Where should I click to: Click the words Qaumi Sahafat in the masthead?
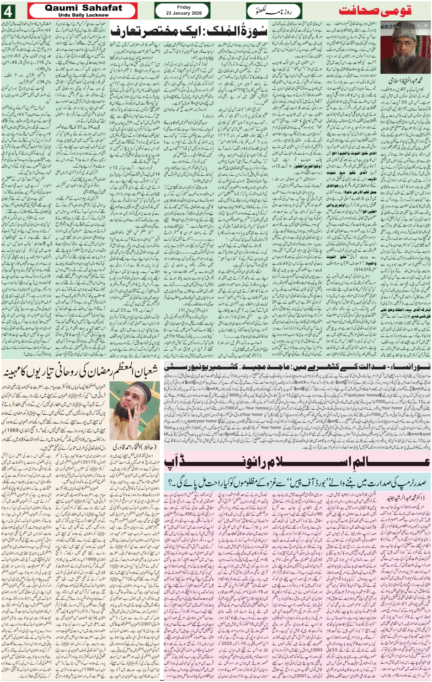(x=84, y=8)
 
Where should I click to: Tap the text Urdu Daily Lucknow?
(x=84, y=15)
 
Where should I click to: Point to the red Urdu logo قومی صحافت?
(x=375, y=11)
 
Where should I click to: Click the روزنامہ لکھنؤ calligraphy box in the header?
(x=274, y=11)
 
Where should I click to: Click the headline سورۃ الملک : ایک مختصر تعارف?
(x=188, y=31)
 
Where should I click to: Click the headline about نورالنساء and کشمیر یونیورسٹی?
(x=297, y=367)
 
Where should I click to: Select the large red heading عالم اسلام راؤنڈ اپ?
(x=297, y=463)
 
